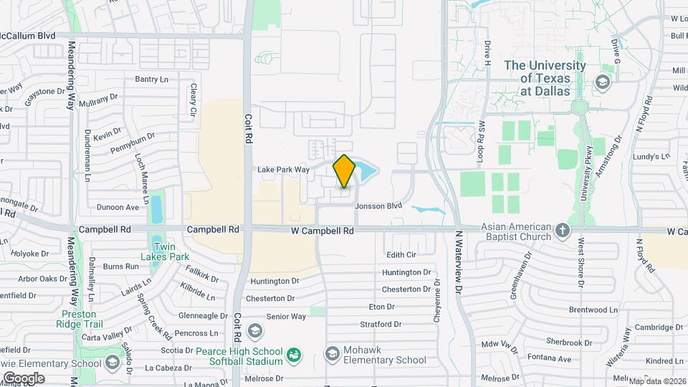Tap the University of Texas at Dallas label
pyautogui.click(x=545, y=78)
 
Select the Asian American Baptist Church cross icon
pyautogui.click(x=563, y=231)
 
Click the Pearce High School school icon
pyautogui.click(x=254, y=330)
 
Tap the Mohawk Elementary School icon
pyautogui.click(x=332, y=353)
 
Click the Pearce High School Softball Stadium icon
pyautogui.click(x=293, y=355)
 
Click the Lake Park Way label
pyautogui.click(x=283, y=170)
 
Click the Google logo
pyautogui.click(x=24, y=378)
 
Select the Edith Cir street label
pyautogui.click(x=401, y=254)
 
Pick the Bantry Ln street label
pyautogui.click(x=151, y=79)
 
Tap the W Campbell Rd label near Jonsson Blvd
pyautogui.click(x=322, y=231)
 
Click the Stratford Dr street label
pyautogui.click(x=381, y=324)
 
